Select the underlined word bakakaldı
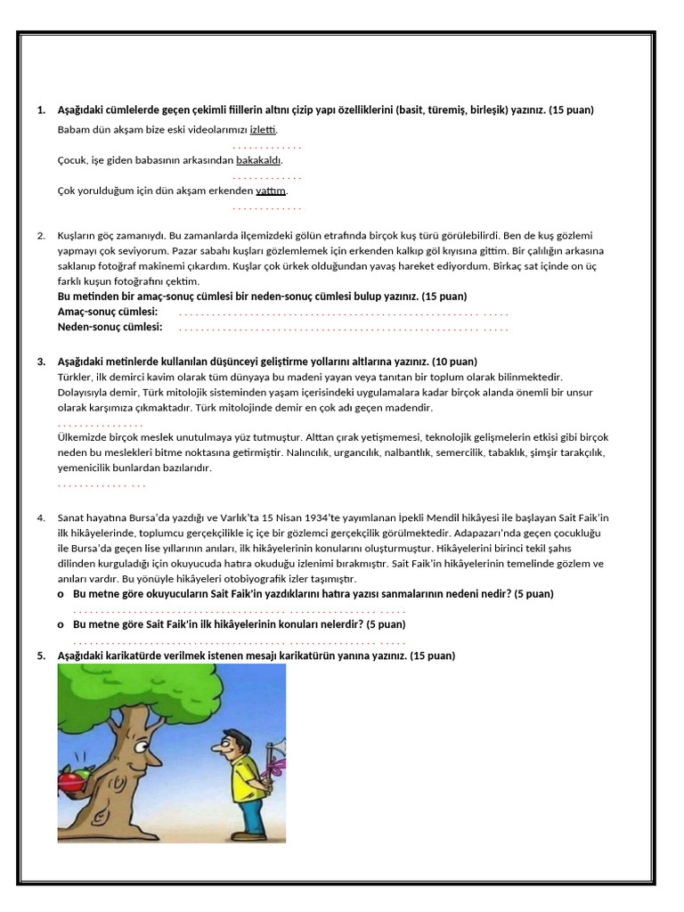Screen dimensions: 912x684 coord(258,160)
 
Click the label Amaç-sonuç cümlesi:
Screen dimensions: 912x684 coord(107,312)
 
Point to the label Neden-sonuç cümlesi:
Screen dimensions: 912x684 coord(110,327)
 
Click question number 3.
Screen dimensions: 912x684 coord(41,362)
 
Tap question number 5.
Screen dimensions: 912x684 coord(41,655)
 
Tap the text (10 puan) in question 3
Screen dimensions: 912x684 coord(454,362)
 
